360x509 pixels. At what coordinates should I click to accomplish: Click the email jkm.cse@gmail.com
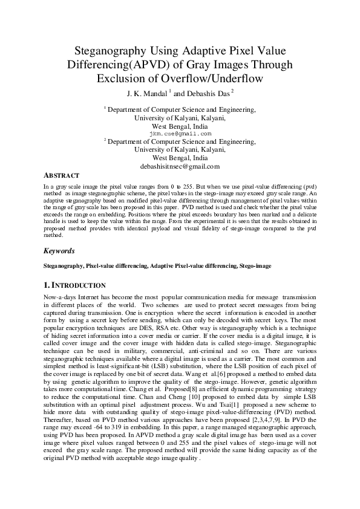[180, 134]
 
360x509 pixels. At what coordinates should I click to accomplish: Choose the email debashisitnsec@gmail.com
[180, 166]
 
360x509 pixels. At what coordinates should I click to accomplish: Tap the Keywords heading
[59, 250]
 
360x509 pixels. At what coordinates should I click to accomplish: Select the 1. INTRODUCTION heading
[75, 285]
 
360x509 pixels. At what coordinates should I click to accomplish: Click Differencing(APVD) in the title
[140, 64]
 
